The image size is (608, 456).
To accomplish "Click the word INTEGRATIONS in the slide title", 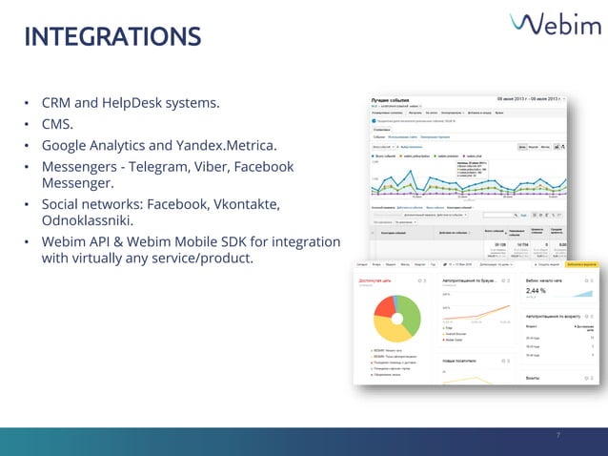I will click(112, 37).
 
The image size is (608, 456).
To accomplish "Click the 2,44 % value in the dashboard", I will click(537, 290).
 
